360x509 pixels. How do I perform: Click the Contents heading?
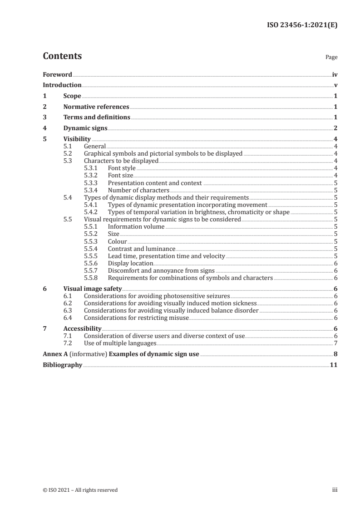click(x=62, y=56)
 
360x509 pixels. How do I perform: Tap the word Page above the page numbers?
click(x=331, y=58)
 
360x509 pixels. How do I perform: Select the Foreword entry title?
click(x=57, y=74)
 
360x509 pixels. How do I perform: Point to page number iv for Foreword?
click(x=335, y=74)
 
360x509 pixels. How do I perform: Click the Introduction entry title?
click(x=62, y=85)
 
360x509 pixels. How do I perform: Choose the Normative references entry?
click(x=96, y=107)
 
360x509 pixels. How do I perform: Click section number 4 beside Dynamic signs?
click(x=44, y=128)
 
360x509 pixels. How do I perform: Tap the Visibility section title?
click(x=77, y=139)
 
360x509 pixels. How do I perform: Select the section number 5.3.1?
click(x=92, y=168)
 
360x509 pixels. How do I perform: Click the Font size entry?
click(x=120, y=176)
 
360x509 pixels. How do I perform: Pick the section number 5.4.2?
click(x=92, y=212)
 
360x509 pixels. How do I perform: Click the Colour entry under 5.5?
click(x=117, y=241)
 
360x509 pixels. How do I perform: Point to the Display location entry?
click(x=130, y=263)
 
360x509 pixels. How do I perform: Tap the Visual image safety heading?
click(x=93, y=289)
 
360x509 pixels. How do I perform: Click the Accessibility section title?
click(x=82, y=328)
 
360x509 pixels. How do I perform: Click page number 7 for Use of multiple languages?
click(x=335, y=343)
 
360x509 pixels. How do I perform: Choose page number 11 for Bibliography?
click(x=333, y=365)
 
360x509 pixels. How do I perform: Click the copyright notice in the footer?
click(x=80, y=490)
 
